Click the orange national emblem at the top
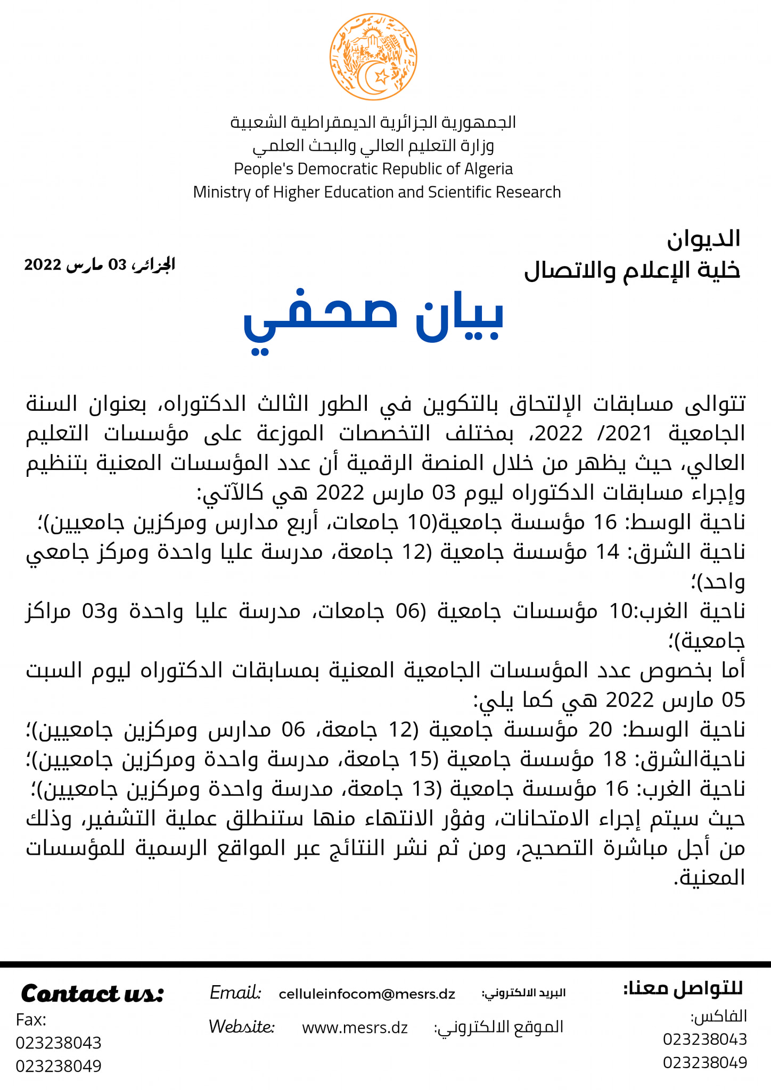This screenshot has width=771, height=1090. coord(373,57)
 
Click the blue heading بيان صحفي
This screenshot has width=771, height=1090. coord(373,319)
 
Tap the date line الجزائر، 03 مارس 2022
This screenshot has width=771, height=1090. coord(100,265)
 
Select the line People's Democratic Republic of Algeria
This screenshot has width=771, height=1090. coord(373,169)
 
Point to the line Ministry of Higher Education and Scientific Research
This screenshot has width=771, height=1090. coord(377,192)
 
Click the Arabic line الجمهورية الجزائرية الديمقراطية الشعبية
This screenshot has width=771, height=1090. coord(373,122)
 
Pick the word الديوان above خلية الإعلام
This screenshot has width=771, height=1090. coord(703,239)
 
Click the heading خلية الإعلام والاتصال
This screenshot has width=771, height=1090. coord(632,270)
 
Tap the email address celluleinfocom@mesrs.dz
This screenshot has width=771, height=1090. coord(367,994)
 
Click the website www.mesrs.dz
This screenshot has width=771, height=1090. coord(355,1028)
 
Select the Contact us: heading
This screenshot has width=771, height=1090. coord(92,994)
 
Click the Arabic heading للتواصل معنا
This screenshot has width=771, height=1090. coord(683,989)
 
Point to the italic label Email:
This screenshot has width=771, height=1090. coord(235,993)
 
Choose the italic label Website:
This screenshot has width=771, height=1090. coord(241,1027)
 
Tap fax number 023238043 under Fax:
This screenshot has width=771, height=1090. coord(59,1043)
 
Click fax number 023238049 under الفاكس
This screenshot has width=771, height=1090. coord(705,1063)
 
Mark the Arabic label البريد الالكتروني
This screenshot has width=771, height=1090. coord(523,993)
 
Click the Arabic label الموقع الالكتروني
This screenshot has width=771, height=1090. coord(499,1027)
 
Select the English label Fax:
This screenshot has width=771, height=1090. coord(31,1020)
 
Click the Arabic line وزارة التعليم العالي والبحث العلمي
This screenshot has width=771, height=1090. coord(373,146)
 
